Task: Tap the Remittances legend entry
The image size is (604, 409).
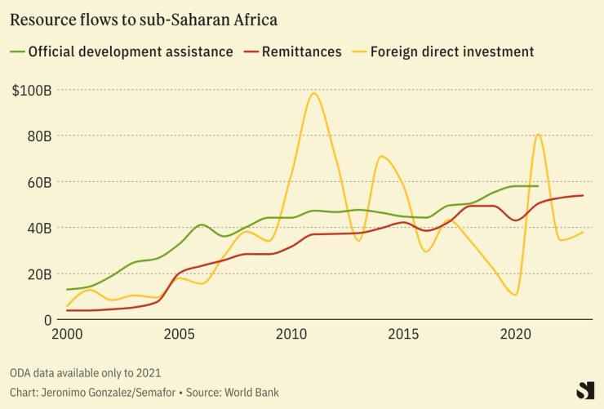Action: (x=301, y=51)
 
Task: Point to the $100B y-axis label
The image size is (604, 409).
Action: (x=33, y=89)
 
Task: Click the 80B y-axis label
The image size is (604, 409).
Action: (x=39, y=135)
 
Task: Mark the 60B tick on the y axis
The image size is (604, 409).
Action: (x=39, y=181)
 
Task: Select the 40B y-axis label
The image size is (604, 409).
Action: (x=39, y=228)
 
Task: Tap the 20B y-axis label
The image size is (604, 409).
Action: (x=39, y=273)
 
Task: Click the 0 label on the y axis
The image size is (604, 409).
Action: (x=48, y=319)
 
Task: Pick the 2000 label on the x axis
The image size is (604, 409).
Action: (x=67, y=334)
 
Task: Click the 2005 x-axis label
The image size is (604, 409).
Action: (x=179, y=334)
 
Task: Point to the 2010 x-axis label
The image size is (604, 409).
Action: (x=291, y=334)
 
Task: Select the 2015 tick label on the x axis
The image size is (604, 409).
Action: (x=403, y=334)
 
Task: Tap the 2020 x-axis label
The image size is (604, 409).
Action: (x=515, y=334)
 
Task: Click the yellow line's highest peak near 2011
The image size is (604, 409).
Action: (x=314, y=93)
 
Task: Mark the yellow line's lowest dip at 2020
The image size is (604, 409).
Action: (x=515, y=294)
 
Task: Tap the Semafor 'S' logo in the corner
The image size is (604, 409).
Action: (x=584, y=390)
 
